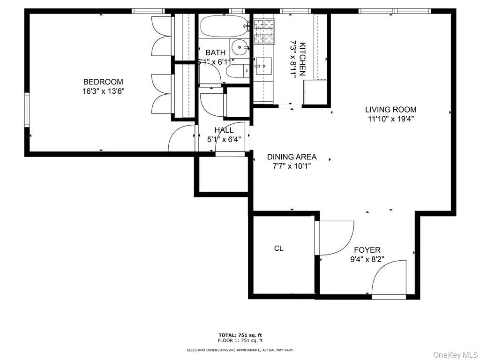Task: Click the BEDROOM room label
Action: point(103,82)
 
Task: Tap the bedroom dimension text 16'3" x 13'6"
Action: point(103,91)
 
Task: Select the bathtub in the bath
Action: point(224,27)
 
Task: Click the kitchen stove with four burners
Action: point(264,31)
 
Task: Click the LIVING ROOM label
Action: point(390,110)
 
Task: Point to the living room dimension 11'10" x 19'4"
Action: point(390,119)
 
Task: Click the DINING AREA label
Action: point(292,157)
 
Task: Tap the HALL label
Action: point(224,130)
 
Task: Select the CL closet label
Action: point(278,248)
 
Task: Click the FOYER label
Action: point(367,250)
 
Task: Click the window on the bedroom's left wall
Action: point(27,110)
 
